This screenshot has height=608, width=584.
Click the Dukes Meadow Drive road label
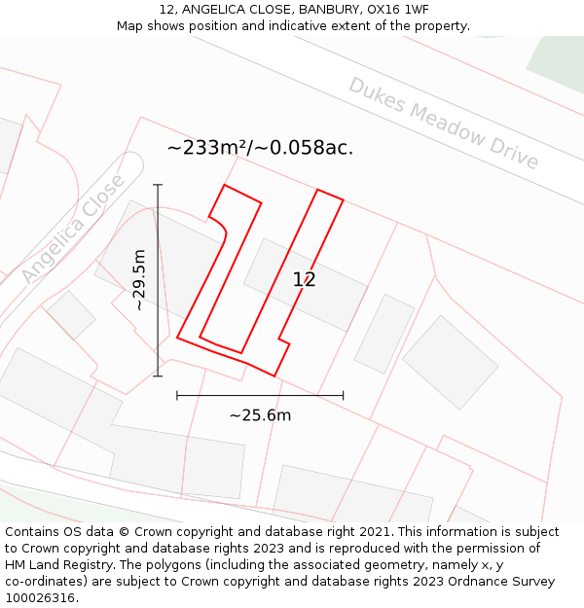coord(444,124)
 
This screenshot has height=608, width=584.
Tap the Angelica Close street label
coord(74,230)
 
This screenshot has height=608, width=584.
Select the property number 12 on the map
coord(304,280)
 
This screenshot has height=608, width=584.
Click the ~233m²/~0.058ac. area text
coord(260,148)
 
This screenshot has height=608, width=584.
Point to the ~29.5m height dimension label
coord(139,280)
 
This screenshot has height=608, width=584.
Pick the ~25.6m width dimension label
coord(260,415)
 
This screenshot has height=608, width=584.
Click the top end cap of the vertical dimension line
coord(158,185)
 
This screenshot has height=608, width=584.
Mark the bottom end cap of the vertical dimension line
coord(158,376)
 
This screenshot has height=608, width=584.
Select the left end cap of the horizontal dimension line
coord(177,395)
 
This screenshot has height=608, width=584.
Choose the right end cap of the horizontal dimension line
coord(343,395)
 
